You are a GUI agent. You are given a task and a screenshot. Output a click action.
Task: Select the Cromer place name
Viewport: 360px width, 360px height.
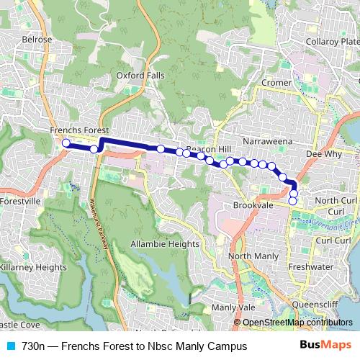[276, 83]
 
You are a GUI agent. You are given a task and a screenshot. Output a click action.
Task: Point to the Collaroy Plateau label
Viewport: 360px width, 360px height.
[333, 42]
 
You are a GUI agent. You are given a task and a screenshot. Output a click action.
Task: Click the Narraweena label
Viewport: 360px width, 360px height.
[266, 135]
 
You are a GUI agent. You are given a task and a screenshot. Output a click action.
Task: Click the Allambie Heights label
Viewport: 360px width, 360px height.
[164, 245]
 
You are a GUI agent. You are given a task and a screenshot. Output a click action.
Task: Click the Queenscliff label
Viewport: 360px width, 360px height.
[322, 304]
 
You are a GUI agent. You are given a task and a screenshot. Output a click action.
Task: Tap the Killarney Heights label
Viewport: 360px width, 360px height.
[32, 266]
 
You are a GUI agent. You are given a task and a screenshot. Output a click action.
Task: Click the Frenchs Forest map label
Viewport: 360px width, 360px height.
[78, 130]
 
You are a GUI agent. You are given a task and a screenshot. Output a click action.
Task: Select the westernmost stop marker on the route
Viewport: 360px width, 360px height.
[66, 143]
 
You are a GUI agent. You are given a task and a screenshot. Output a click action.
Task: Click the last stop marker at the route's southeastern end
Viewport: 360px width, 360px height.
[293, 201]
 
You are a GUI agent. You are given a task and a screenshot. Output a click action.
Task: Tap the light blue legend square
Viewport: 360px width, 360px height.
[11, 346]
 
